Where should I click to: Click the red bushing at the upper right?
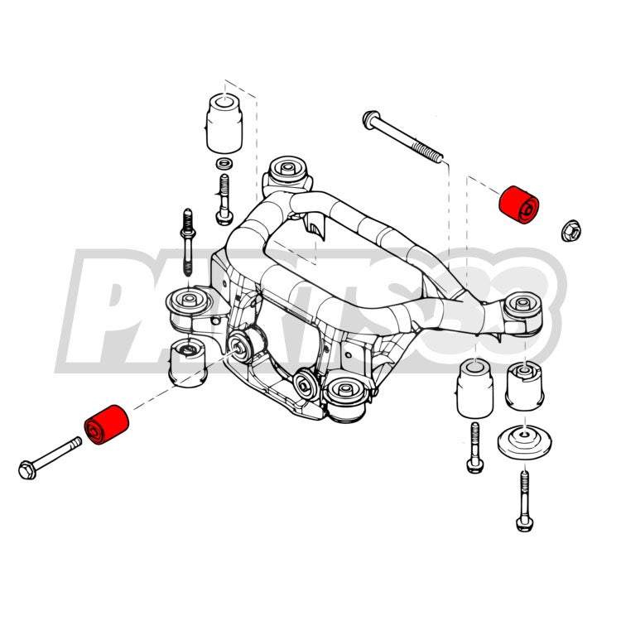(519, 205)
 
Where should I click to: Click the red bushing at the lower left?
(107, 424)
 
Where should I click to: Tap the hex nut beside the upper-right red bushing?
(571, 230)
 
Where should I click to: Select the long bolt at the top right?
(402, 137)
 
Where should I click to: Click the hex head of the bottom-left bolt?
(27, 470)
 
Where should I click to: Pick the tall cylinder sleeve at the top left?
(224, 123)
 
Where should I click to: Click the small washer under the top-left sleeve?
(224, 162)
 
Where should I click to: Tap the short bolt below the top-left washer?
(224, 200)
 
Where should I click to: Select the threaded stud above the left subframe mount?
(188, 243)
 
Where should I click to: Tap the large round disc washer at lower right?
(524, 442)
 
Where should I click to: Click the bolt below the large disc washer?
(524, 501)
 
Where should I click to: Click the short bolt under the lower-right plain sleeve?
(475, 447)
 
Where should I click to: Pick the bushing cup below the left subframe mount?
(187, 363)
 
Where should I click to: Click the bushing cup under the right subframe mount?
(524, 385)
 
